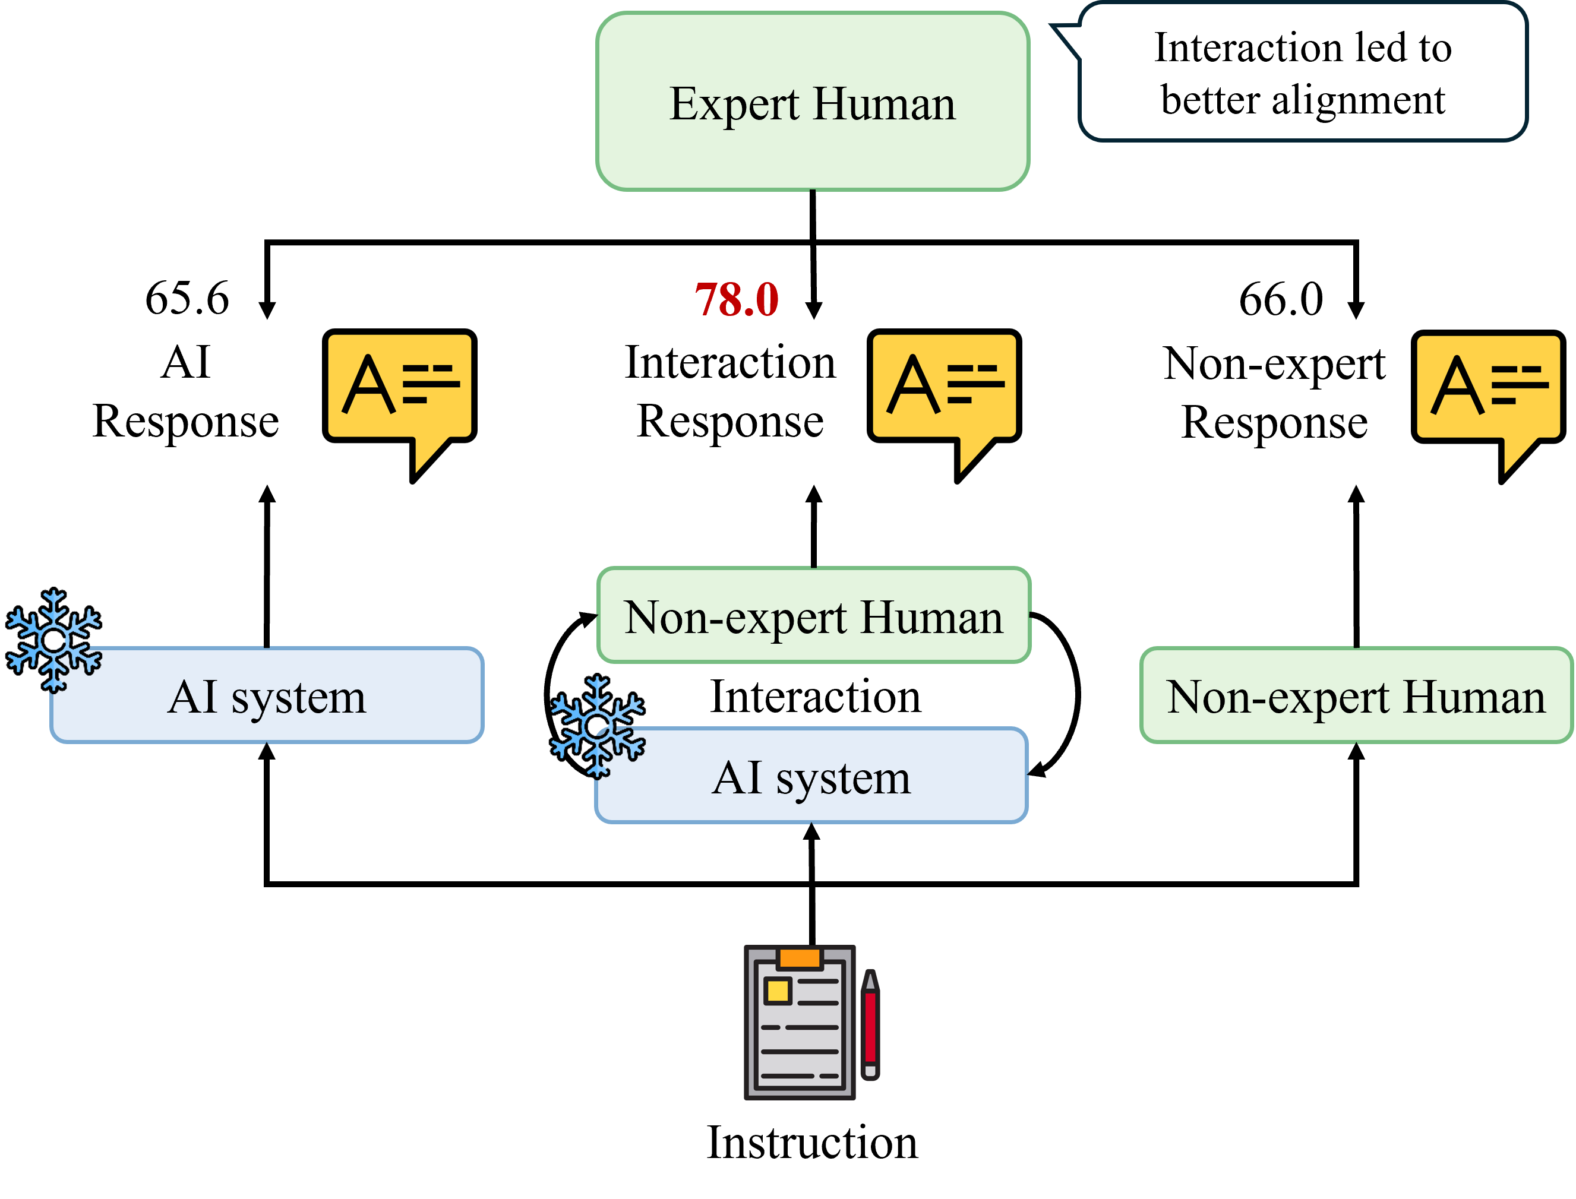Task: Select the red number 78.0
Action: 737,299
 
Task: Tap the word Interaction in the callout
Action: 1247,48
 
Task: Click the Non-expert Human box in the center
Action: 814,616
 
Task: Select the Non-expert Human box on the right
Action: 1356,696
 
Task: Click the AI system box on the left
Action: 267,697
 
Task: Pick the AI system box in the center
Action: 811,777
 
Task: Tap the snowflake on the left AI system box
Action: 54,640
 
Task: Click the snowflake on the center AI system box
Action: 598,726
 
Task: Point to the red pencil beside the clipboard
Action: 870,1025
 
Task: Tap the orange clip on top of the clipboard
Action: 800,958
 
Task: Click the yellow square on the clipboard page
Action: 777,991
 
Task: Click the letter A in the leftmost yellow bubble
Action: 369,385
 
